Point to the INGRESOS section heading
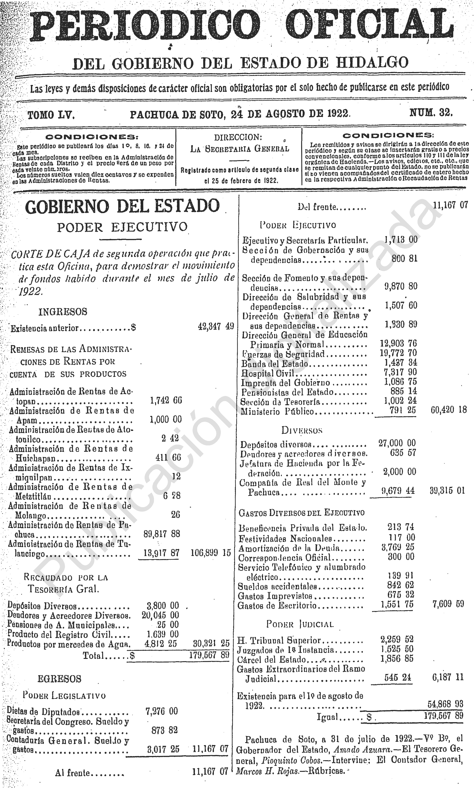tap(63, 312)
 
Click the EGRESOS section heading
tap(59, 679)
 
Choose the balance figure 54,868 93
tap(445, 704)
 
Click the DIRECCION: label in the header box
tap(238, 137)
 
